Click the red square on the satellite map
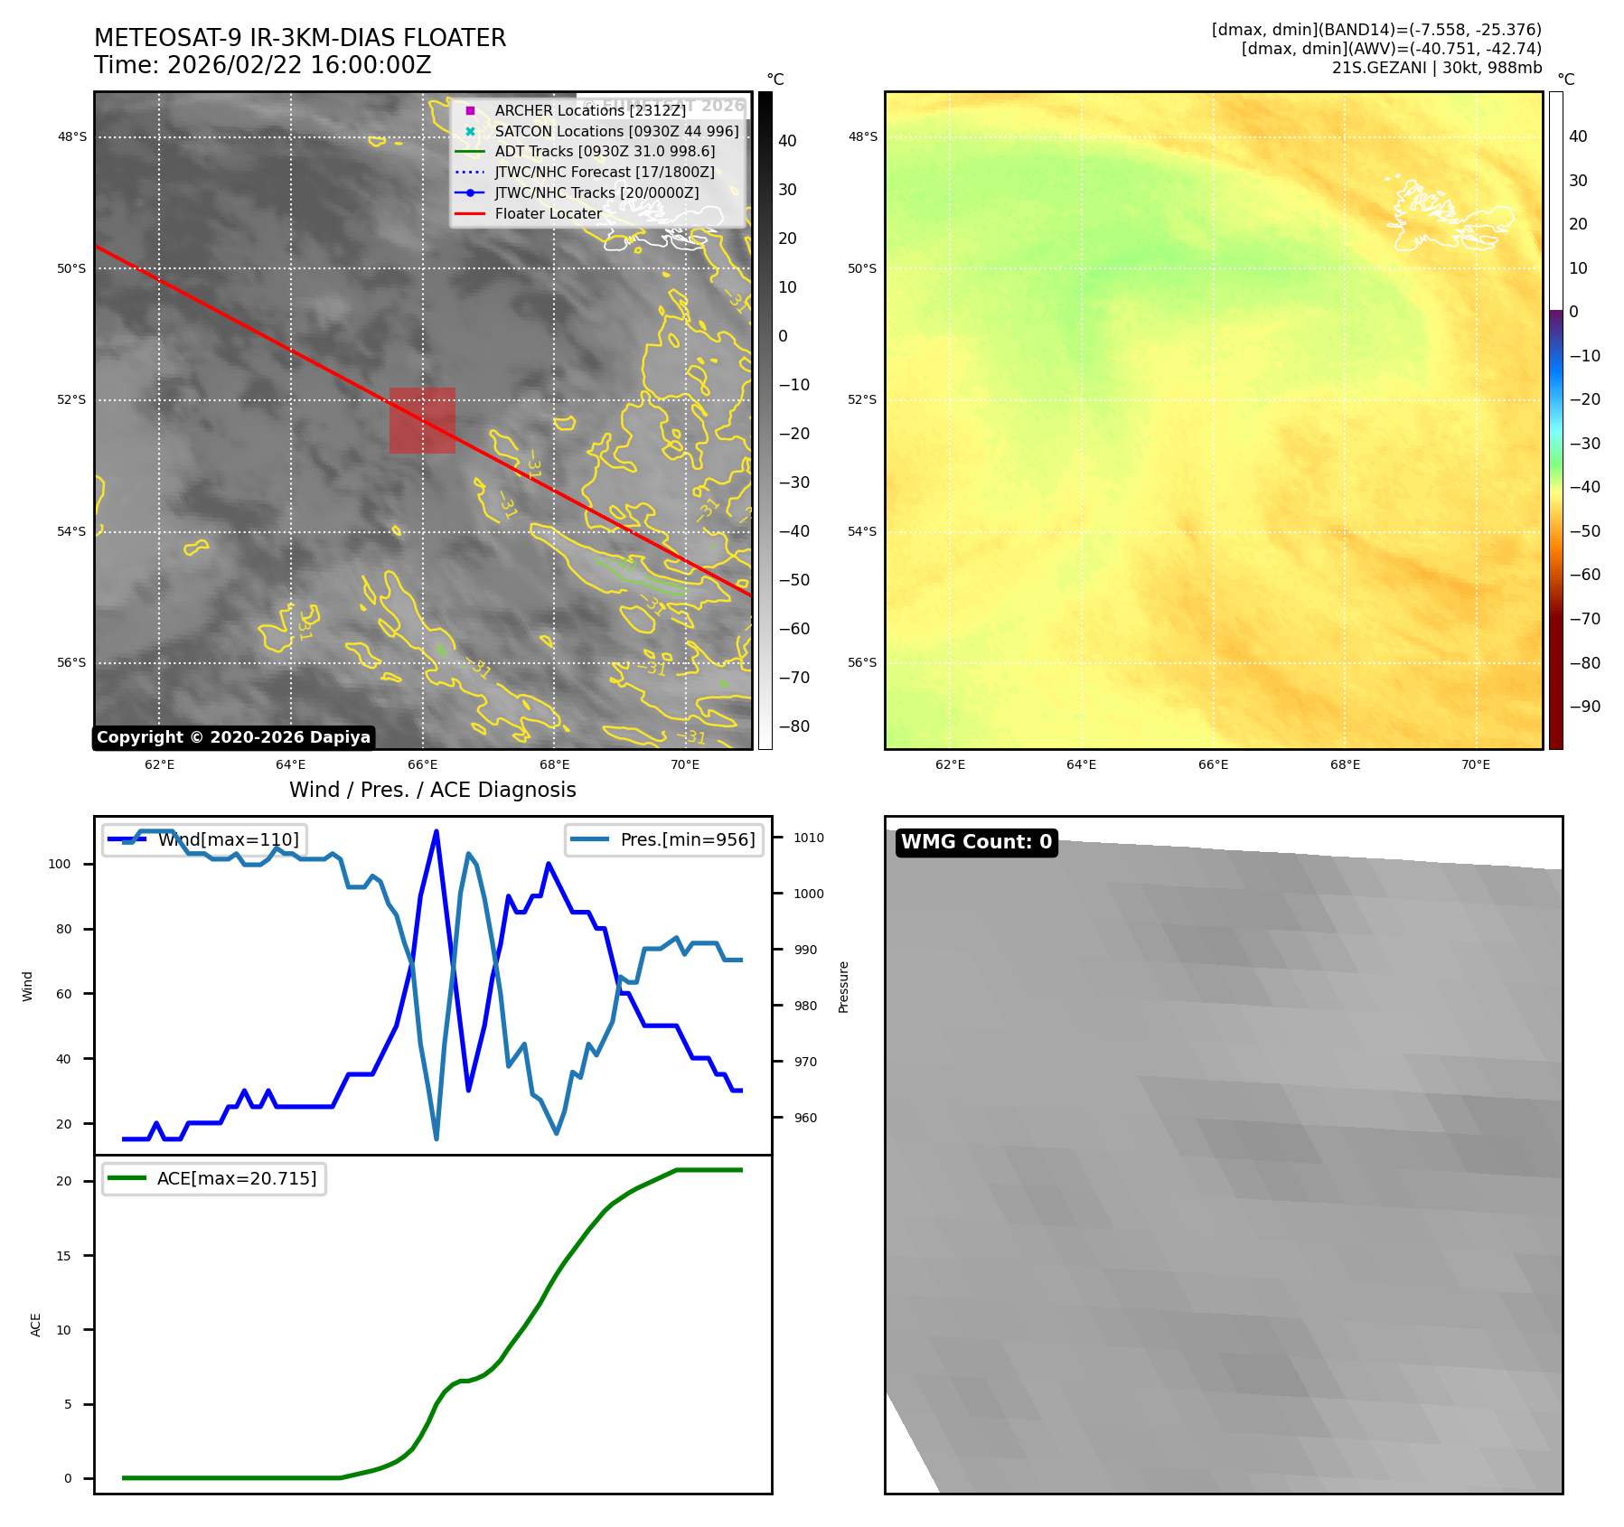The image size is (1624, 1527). (422, 420)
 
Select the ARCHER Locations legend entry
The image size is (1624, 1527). (589, 110)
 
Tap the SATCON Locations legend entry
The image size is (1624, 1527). (615, 131)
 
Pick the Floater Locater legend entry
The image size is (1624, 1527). (548, 214)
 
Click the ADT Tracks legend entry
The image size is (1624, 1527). (604, 152)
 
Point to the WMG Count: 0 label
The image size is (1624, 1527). (976, 842)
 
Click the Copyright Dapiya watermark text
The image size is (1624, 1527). (233, 737)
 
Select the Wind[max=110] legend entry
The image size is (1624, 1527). (228, 839)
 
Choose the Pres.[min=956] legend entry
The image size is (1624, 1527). (687, 839)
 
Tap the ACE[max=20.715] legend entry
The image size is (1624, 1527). (236, 1178)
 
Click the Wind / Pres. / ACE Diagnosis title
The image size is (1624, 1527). (432, 790)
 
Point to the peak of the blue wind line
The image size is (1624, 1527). (437, 831)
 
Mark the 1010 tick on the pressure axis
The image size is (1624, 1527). (809, 838)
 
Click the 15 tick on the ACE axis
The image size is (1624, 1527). (63, 1256)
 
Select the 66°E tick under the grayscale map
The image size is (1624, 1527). (422, 765)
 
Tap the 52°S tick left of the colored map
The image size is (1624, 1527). (861, 399)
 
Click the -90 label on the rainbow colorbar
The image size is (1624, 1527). (1584, 707)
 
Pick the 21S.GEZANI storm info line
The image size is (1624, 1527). (1436, 68)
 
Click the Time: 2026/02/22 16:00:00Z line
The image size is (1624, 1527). (262, 66)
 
